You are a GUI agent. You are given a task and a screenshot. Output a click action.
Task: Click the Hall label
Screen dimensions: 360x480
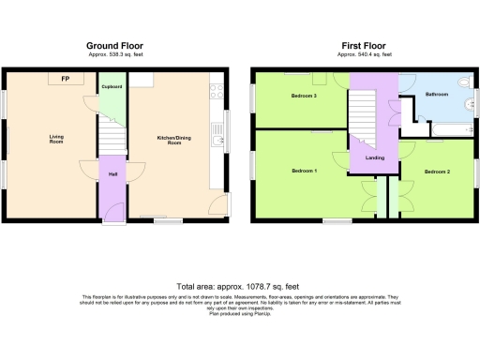coord(112,174)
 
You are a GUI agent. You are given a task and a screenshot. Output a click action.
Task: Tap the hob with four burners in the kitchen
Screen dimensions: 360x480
coord(216,92)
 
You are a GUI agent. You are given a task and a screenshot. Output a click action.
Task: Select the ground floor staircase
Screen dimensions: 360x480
coord(112,139)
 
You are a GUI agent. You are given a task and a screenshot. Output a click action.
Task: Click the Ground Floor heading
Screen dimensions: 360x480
coord(115,46)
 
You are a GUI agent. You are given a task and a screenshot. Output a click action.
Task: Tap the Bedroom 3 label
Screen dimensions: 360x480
coord(302,96)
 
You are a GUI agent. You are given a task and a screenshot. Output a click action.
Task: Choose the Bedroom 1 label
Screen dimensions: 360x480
coord(304,171)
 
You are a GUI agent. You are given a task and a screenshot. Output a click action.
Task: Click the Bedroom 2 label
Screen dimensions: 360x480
coord(437,172)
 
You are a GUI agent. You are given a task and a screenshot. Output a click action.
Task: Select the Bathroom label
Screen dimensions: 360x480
coord(437,95)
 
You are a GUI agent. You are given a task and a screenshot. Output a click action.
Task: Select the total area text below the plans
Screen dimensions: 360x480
coord(238,286)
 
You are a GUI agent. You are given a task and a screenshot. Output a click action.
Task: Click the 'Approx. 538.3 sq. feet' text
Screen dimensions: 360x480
coord(115,54)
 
